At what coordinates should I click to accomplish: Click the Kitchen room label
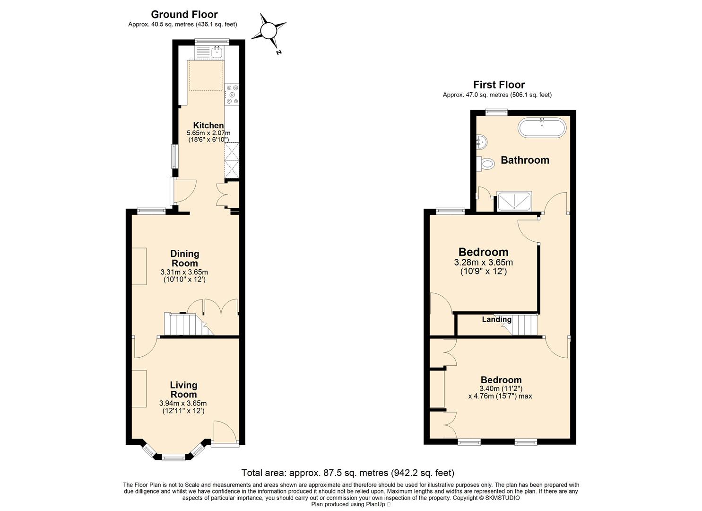pyautogui.click(x=208, y=125)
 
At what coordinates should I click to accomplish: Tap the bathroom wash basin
pyautogui.click(x=482, y=142)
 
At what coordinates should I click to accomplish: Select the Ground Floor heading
pyautogui.click(x=184, y=14)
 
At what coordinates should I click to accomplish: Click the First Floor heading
pyautogui.click(x=499, y=85)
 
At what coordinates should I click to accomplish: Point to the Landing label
pyautogui.click(x=497, y=319)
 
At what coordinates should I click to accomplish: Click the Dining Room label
pyautogui.click(x=184, y=258)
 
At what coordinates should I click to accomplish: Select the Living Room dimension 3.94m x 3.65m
pyautogui.click(x=183, y=404)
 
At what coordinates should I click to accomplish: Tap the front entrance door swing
pyautogui.click(x=225, y=431)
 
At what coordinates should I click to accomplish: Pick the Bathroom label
pyautogui.click(x=525, y=160)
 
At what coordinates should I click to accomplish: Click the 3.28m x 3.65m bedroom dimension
pyautogui.click(x=484, y=262)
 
